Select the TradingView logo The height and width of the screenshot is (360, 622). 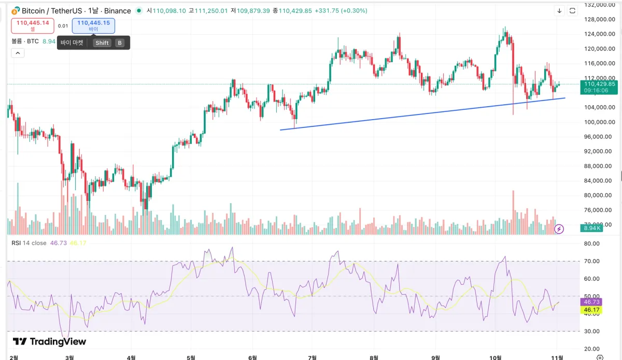pyautogui.click(x=49, y=341)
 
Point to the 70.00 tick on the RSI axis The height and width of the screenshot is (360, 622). pyautogui.click(x=591, y=261)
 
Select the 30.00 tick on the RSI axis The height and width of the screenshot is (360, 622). pyautogui.click(x=591, y=331)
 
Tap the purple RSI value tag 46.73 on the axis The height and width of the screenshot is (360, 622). pyautogui.click(x=591, y=301)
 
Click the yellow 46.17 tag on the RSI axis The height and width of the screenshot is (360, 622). pyautogui.click(x=591, y=310)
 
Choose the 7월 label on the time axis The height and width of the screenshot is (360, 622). pyautogui.click(x=312, y=357)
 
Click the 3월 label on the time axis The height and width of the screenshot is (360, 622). pyautogui.click(x=70, y=357)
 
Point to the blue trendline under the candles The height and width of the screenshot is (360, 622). pyautogui.click(x=415, y=114)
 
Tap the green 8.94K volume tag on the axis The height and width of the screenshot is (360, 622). pyautogui.click(x=591, y=228)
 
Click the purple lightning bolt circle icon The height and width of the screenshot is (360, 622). pyautogui.click(x=559, y=228)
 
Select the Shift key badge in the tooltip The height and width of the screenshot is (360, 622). pyautogui.click(x=102, y=43)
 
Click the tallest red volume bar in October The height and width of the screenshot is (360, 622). pyautogui.click(x=513, y=212)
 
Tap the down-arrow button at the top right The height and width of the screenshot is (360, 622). pyautogui.click(x=559, y=10)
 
